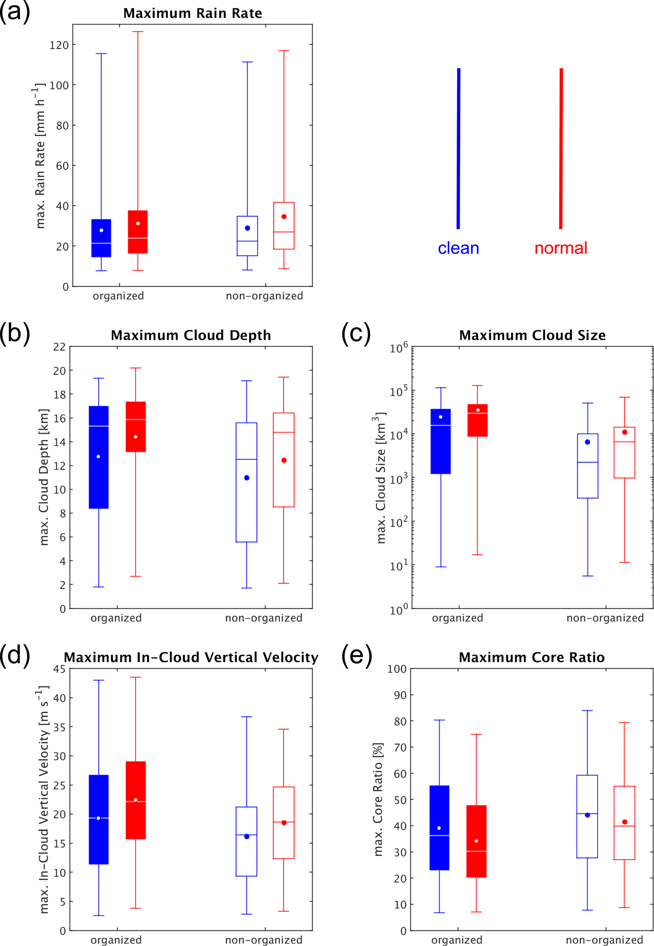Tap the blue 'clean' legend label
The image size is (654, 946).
click(x=458, y=248)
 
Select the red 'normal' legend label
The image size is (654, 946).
click(x=561, y=248)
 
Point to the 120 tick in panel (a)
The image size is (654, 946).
click(x=59, y=45)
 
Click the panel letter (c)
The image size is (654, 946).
click(x=356, y=333)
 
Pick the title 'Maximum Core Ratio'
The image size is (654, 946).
click(x=532, y=657)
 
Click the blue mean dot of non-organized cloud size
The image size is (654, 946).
click(x=587, y=442)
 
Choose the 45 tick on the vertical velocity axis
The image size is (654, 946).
click(x=59, y=669)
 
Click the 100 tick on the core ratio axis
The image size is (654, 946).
click(x=397, y=669)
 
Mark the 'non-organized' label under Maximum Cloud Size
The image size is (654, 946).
click(x=605, y=618)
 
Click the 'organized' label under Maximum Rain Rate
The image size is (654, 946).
click(x=118, y=296)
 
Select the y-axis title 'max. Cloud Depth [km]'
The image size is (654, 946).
click(x=44, y=477)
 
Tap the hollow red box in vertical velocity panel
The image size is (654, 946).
click(x=283, y=822)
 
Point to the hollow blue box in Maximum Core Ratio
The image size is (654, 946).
click(x=587, y=816)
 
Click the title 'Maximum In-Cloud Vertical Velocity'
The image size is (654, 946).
click(x=191, y=657)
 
